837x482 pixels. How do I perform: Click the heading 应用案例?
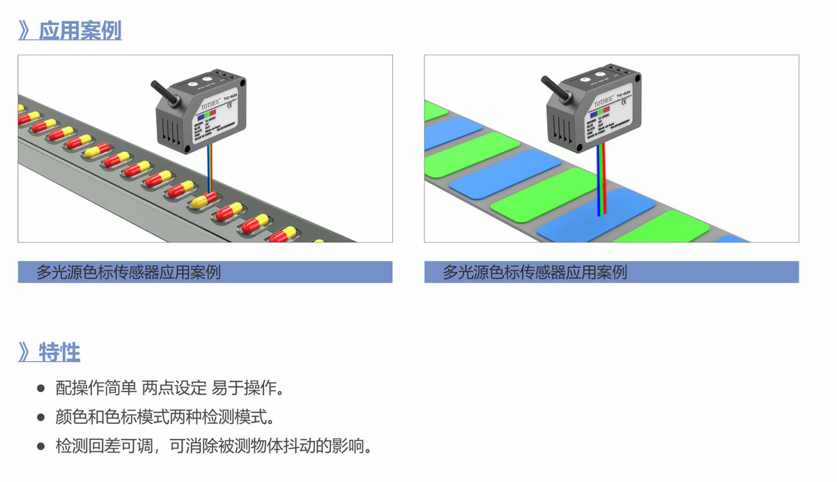pos(80,31)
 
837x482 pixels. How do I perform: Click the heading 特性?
pos(60,352)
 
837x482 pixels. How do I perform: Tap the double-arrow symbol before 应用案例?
pos(26,31)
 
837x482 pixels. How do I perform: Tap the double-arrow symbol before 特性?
pos(26,352)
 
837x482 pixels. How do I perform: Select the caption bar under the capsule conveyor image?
pos(205,272)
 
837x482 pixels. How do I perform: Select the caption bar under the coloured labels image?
pos(611,272)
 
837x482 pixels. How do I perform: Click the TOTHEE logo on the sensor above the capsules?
pos(210,107)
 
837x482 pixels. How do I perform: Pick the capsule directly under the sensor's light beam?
pos(206,200)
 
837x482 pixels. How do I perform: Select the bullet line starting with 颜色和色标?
pos(164,417)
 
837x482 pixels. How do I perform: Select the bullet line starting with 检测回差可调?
pos(213,446)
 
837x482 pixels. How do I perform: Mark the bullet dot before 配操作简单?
pos(40,389)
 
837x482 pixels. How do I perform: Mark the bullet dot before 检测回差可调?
pos(40,446)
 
